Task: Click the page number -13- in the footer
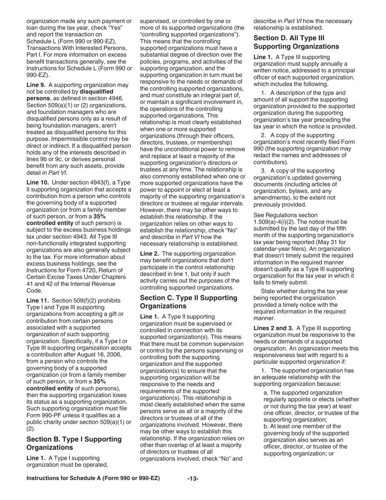tap(193, 479)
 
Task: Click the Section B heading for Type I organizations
tap(74, 443)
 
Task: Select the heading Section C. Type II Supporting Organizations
tap(189, 302)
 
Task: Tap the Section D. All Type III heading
tap(296, 42)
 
